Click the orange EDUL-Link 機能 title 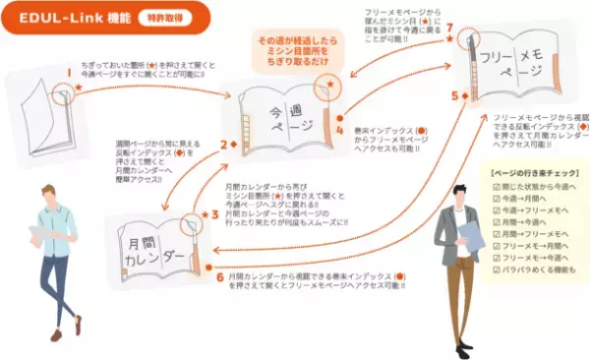click(61, 18)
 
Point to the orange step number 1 click(69, 72)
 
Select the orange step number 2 click(223, 145)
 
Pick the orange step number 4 click(339, 129)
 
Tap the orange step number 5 click(454, 96)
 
